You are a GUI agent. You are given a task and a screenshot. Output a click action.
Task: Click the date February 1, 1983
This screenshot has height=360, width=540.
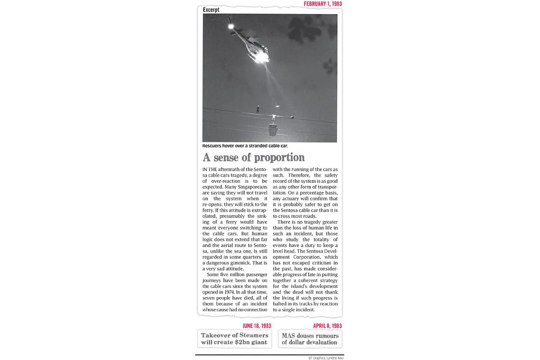tap(322, 4)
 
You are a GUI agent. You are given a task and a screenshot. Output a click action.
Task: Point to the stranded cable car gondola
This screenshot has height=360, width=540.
tap(273, 127)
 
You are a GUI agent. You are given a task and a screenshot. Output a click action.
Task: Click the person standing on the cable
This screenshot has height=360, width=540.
tap(258, 108)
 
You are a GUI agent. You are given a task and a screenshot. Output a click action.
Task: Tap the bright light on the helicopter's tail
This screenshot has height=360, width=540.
tap(230, 26)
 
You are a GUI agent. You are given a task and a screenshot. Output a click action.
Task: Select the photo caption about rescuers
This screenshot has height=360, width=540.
tap(249, 146)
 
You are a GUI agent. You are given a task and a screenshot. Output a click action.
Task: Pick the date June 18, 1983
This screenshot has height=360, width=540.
tap(256, 326)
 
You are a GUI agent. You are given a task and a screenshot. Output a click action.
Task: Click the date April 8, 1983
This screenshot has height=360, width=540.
tap(327, 326)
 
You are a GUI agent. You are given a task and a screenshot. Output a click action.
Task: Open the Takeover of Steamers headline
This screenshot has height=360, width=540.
tap(235, 339)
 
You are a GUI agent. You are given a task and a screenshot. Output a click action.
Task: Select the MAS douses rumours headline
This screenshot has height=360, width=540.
tap(310, 339)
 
